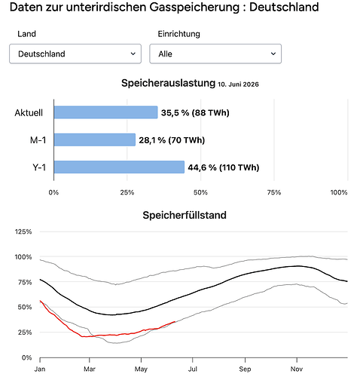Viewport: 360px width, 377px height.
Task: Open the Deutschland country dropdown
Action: click(x=75, y=54)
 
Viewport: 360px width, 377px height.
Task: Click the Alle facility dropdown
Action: click(x=215, y=54)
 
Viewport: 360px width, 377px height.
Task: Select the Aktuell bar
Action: click(x=105, y=112)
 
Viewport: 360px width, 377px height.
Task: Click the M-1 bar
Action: click(x=95, y=139)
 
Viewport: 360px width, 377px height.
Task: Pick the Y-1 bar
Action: click(x=119, y=167)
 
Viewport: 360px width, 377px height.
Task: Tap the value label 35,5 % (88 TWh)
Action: click(x=195, y=112)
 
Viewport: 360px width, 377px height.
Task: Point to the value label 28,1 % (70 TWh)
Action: click(x=172, y=140)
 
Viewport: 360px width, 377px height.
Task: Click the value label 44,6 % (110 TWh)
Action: click(x=224, y=167)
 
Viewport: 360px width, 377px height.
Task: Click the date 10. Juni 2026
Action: click(x=238, y=84)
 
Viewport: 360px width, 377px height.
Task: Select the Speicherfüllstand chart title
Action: click(x=185, y=215)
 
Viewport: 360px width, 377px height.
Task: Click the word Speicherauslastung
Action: click(x=168, y=83)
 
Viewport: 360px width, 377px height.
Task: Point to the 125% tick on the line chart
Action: click(x=23, y=231)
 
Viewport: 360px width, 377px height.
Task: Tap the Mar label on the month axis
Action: click(x=90, y=369)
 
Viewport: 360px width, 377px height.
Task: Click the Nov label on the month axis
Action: click(x=297, y=369)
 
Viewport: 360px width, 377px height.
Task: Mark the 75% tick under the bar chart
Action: click(x=274, y=192)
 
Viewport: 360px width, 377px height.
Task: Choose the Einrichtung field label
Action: click(x=178, y=34)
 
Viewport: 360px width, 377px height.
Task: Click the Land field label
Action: click(x=26, y=34)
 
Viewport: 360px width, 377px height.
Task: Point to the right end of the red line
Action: click(x=175, y=322)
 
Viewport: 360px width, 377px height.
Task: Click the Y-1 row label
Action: click(x=39, y=167)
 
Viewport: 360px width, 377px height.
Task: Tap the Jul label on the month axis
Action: click(x=193, y=369)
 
